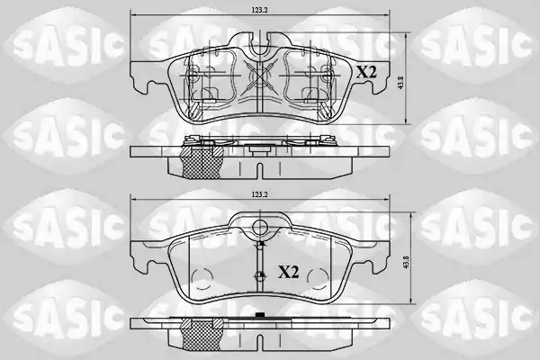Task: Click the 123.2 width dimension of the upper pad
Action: pyautogui.click(x=259, y=10)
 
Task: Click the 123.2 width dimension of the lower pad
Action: pyautogui.click(x=259, y=194)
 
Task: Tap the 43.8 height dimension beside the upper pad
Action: pyautogui.click(x=400, y=83)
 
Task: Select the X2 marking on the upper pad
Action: pyautogui.click(x=366, y=72)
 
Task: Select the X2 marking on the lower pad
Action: pyautogui.click(x=289, y=273)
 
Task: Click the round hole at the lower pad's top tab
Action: pyautogui.click(x=260, y=227)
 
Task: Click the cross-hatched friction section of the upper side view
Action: pyautogui.click(x=202, y=163)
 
